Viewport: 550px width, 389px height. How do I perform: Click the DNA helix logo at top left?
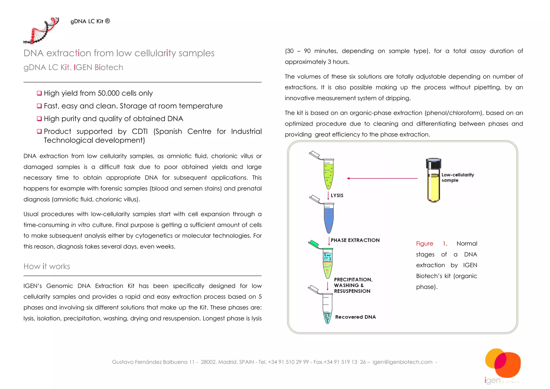(x=42, y=31)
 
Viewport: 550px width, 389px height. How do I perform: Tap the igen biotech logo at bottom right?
(x=502, y=365)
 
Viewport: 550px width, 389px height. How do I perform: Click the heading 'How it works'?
(x=47, y=266)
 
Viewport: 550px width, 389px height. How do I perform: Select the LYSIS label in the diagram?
(x=337, y=196)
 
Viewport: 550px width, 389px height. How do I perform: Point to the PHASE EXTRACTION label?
(x=355, y=240)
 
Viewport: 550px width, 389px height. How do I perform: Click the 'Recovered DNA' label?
(x=355, y=317)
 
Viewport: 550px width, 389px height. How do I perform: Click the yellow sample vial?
(x=433, y=187)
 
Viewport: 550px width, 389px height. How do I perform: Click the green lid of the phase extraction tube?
(x=313, y=244)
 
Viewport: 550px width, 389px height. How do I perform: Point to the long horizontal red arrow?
(x=382, y=178)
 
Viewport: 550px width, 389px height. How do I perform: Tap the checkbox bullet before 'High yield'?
(x=39, y=93)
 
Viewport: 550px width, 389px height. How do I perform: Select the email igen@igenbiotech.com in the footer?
(x=402, y=362)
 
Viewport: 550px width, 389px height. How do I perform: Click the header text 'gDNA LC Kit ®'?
(x=90, y=21)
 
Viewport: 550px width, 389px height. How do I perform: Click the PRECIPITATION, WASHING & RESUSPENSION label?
(x=353, y=285)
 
